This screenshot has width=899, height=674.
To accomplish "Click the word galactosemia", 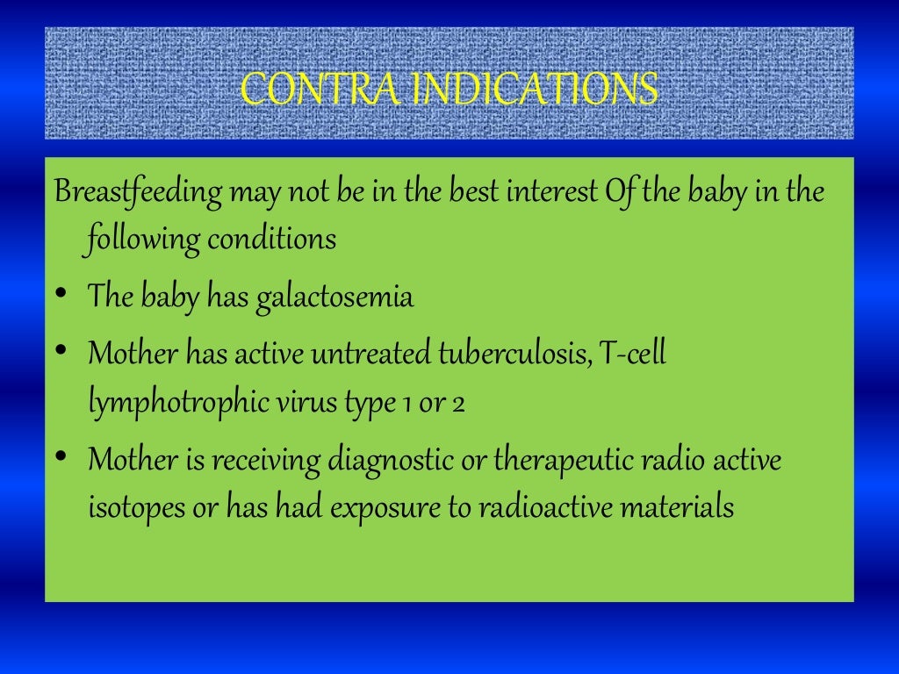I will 334,298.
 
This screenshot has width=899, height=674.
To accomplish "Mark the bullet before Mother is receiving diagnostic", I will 61,456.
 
